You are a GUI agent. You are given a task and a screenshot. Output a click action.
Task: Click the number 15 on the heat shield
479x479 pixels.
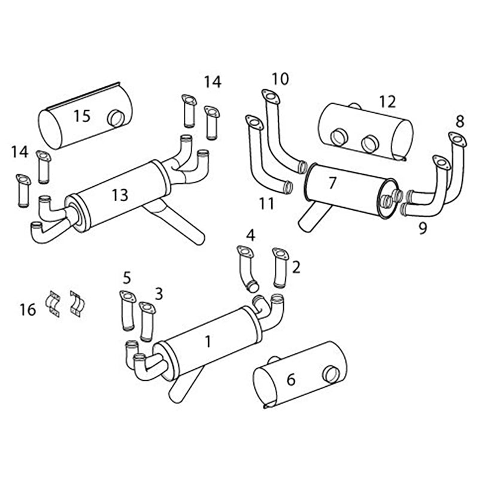pyautogui.click(x=82, y=116)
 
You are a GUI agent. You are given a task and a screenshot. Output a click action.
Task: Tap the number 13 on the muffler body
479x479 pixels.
pyautogui.click(x=120, y=194)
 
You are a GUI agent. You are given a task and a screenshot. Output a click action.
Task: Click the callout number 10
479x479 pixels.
pyautogui.click(x=280, y=78)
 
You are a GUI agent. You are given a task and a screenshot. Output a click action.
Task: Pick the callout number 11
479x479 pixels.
pyautogui.click(x=266, y=204)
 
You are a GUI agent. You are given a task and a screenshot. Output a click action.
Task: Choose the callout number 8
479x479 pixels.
pyautogui.click(x=459, y=122)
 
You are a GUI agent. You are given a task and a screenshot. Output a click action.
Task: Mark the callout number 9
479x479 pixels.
pyautogui.click(x=423, y=228)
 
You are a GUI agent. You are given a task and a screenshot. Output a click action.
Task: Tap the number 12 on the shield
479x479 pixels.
pyautogui.click(x=387, y=102)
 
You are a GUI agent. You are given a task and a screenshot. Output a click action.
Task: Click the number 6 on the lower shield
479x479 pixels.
pyautogui.click(x=291, y=380)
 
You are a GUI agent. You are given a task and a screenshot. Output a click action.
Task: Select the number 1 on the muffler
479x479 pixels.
pyautogui.click(x=208, y=342)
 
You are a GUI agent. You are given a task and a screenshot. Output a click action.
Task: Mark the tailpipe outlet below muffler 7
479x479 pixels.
pyautogui.click(x=307, y=218)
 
